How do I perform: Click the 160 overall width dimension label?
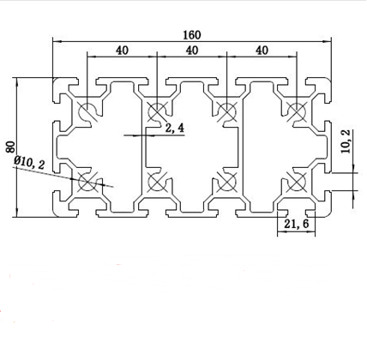192,35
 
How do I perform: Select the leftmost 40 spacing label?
122,51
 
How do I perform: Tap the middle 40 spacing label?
192,51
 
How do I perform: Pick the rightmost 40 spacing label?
262,51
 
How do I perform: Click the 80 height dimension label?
10,147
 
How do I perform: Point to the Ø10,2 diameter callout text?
29,162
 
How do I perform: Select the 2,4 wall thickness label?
175,128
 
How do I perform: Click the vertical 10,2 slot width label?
346,141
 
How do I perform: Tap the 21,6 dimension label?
297,224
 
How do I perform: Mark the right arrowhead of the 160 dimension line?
327,42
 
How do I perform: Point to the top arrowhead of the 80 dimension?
17,82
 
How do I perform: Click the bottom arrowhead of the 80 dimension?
17,213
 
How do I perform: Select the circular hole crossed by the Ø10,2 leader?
87,182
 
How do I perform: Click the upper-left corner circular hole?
87,111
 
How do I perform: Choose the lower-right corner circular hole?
297,182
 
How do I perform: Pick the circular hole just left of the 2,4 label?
157,111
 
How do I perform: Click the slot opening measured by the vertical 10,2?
328,182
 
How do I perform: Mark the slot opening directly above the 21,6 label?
297,212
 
